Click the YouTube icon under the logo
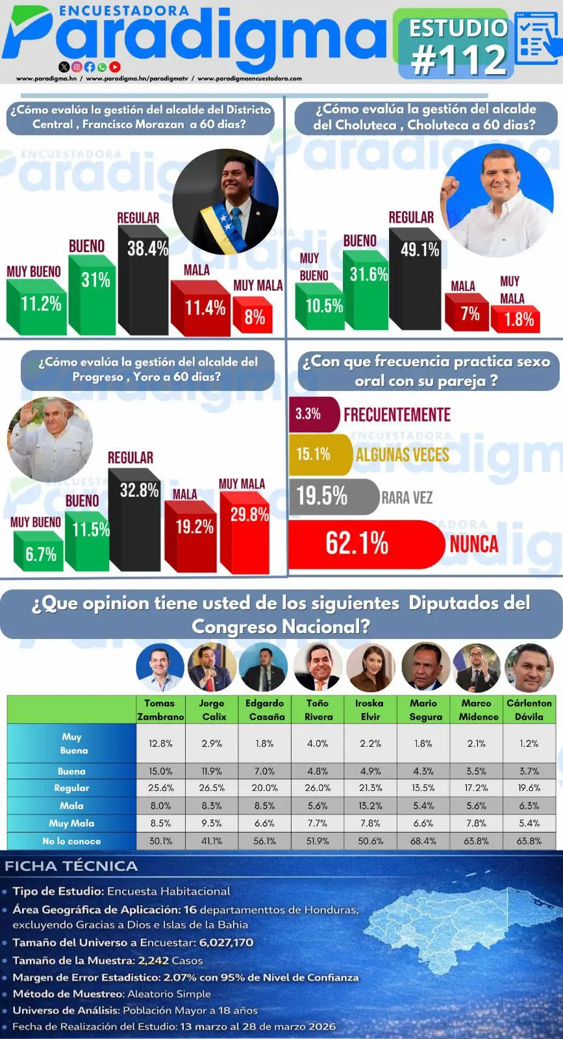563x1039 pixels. pyautogui.click(x=115, y=66)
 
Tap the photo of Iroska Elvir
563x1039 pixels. pyautogui.click(x=370, y=668)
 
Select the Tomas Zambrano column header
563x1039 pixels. pyautogui.click(x=160, y=709)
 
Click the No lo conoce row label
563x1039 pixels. pyautogui.click(x=71, y=841)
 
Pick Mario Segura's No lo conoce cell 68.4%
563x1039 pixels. pyautogui.click(x=423, y=841)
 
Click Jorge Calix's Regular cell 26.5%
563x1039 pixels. pyautogui.click(x=212, y=788)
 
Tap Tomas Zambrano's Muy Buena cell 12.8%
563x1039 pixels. pyautogui.click(x=160, y=744)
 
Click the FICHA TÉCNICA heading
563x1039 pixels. pyautogui.click(x=71, y=866)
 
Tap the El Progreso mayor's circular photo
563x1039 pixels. pyautogui.click(x=50, y=440)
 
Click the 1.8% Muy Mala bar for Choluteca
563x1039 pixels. pyautogui.click(x=516, y=319)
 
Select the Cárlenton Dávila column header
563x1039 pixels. pyautogui.click(x=529, y=709)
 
